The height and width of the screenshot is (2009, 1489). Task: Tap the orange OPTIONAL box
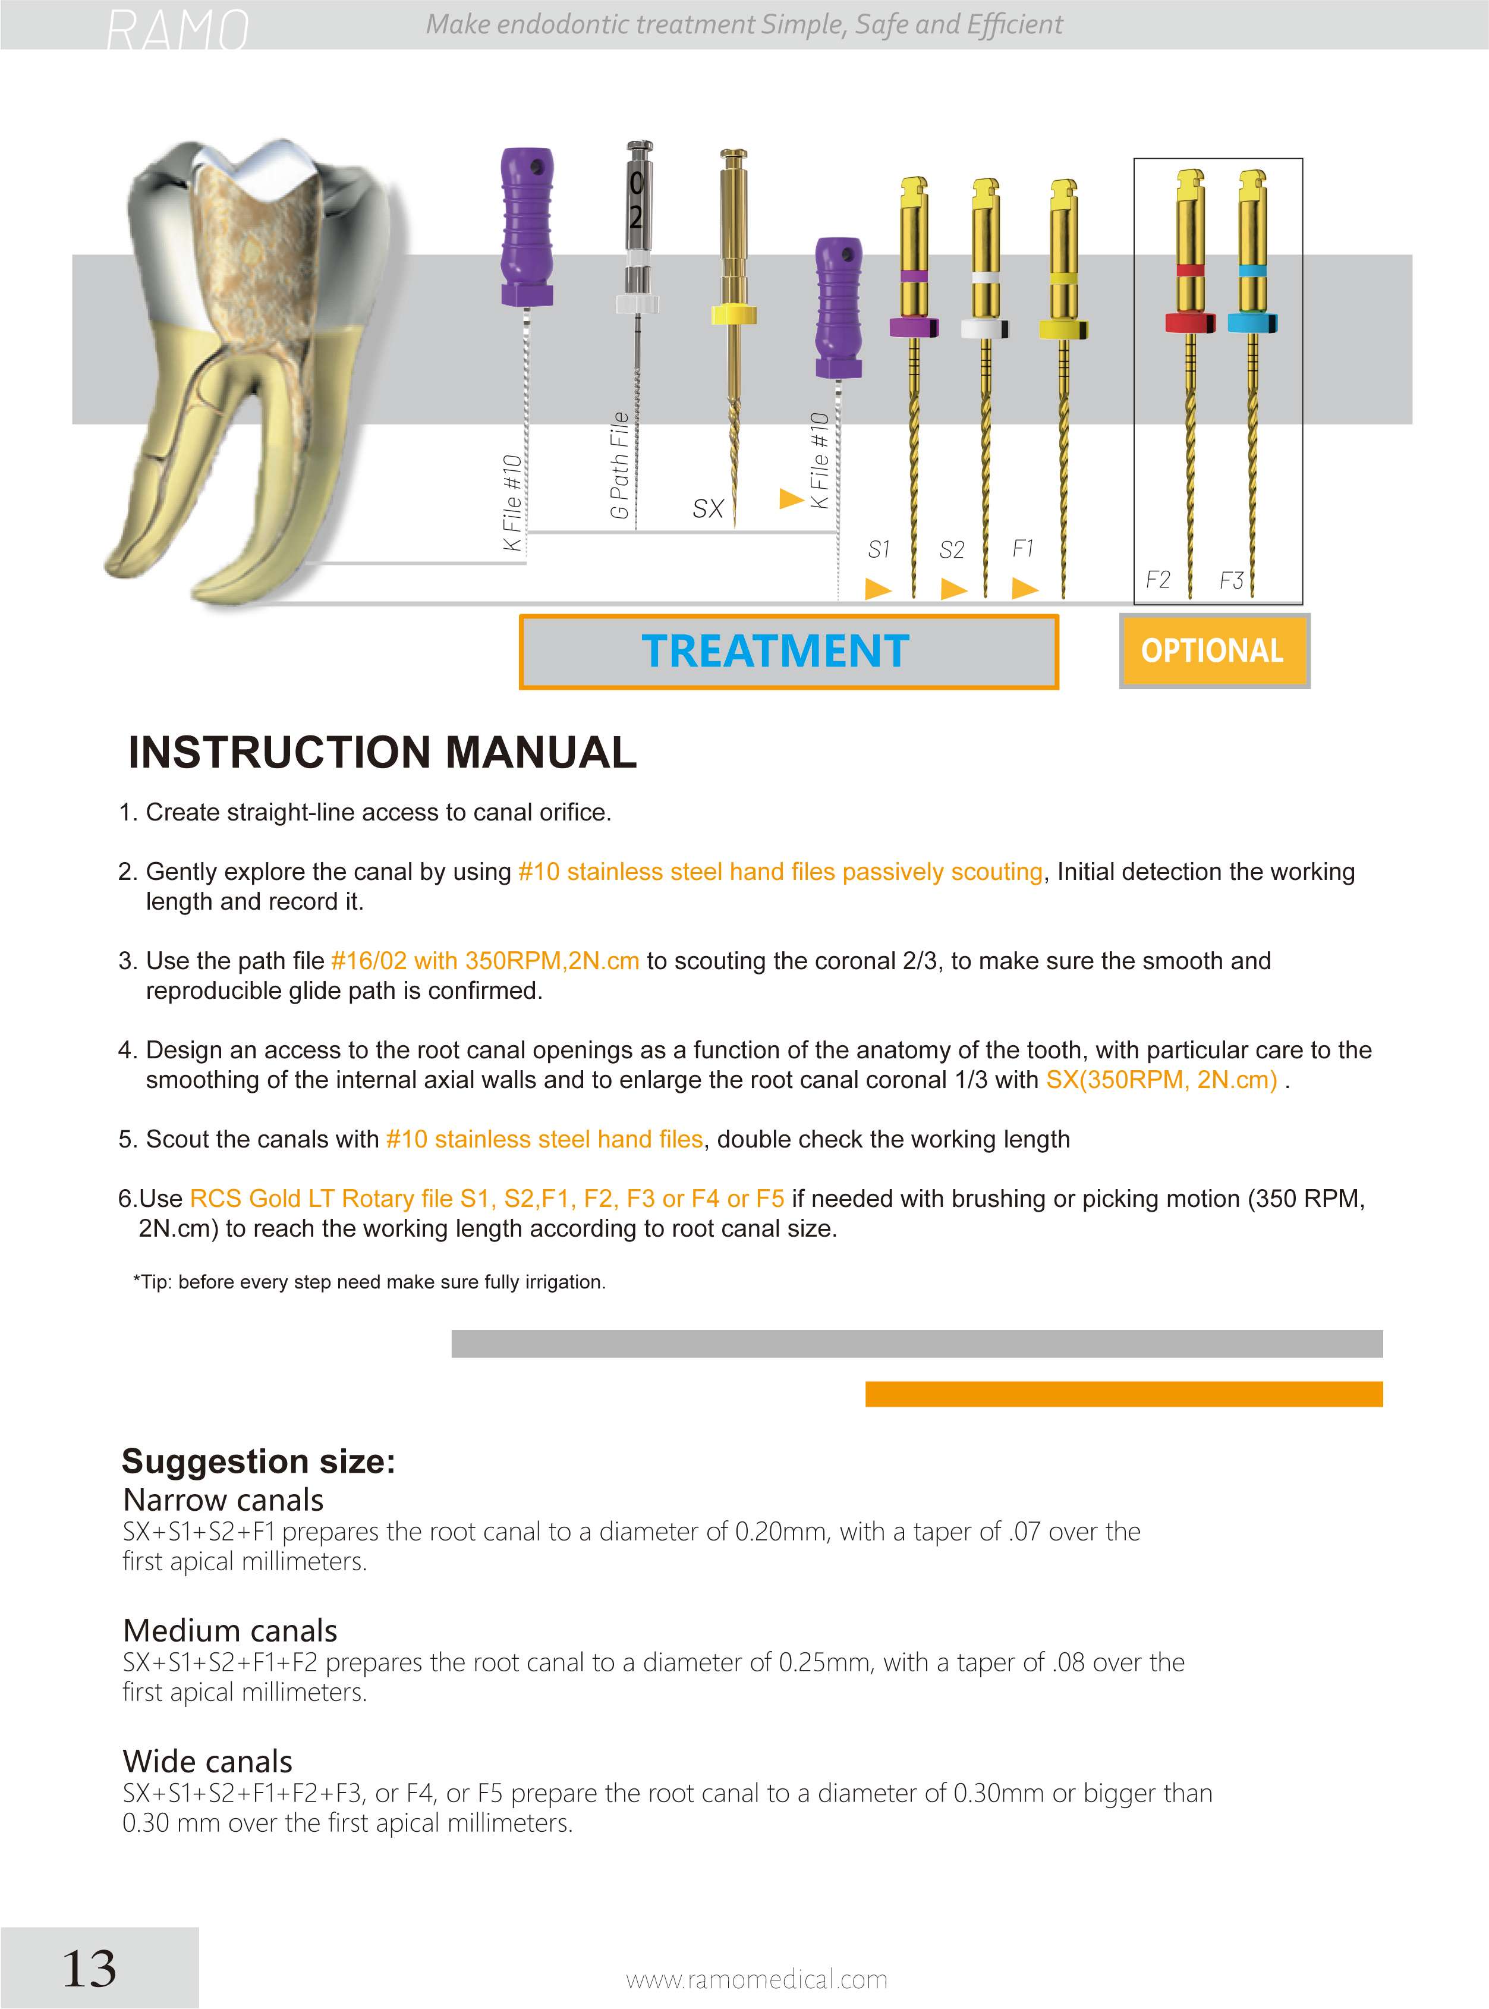pos(1213,650)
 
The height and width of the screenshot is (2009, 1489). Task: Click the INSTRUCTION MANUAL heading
pos(382,753)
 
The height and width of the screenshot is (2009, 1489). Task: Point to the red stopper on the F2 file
pos(1190,322)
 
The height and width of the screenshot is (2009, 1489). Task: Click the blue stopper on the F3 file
pos(1251,322)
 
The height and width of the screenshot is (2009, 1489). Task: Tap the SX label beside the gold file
pos(709,509)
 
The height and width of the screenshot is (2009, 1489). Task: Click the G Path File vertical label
pos(619,465)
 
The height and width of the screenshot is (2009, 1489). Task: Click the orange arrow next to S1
pos(878,589)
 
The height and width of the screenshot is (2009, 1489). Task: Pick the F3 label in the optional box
pos(1231,580)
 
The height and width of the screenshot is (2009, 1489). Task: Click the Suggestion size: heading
pos(259,1461)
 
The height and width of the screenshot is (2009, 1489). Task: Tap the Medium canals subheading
pos(230,1630)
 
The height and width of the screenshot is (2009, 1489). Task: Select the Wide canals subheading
pos(207,1761)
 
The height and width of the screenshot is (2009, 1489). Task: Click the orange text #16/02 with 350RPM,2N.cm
pos(485,961)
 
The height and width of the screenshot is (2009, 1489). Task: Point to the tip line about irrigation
pos(370,1282)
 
